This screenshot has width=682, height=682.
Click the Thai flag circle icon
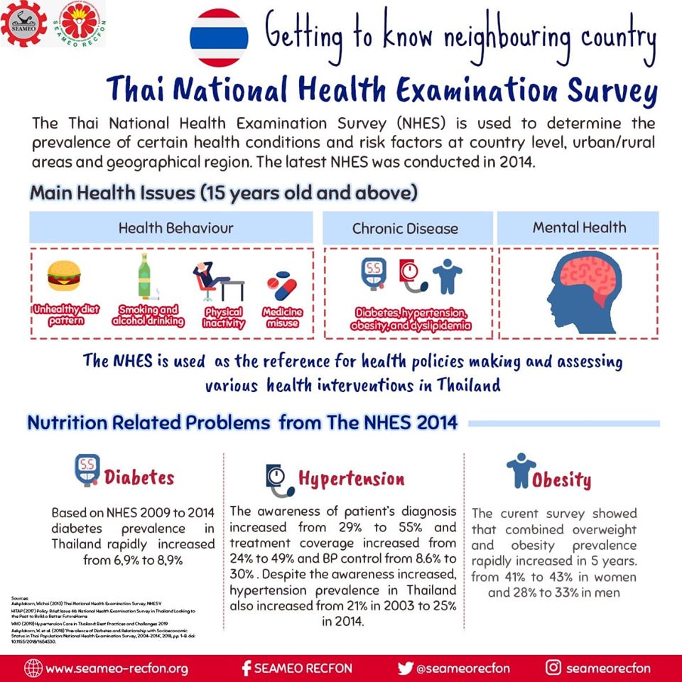(219, 38)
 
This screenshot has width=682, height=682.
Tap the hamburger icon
(64, 276)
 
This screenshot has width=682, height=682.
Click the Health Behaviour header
(175, 228)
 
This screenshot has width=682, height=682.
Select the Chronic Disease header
(405, 229)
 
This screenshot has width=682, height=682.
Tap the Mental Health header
(579, 227)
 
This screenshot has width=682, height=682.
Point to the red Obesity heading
(562, 480)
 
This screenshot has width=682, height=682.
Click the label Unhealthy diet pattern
(66, 315)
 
